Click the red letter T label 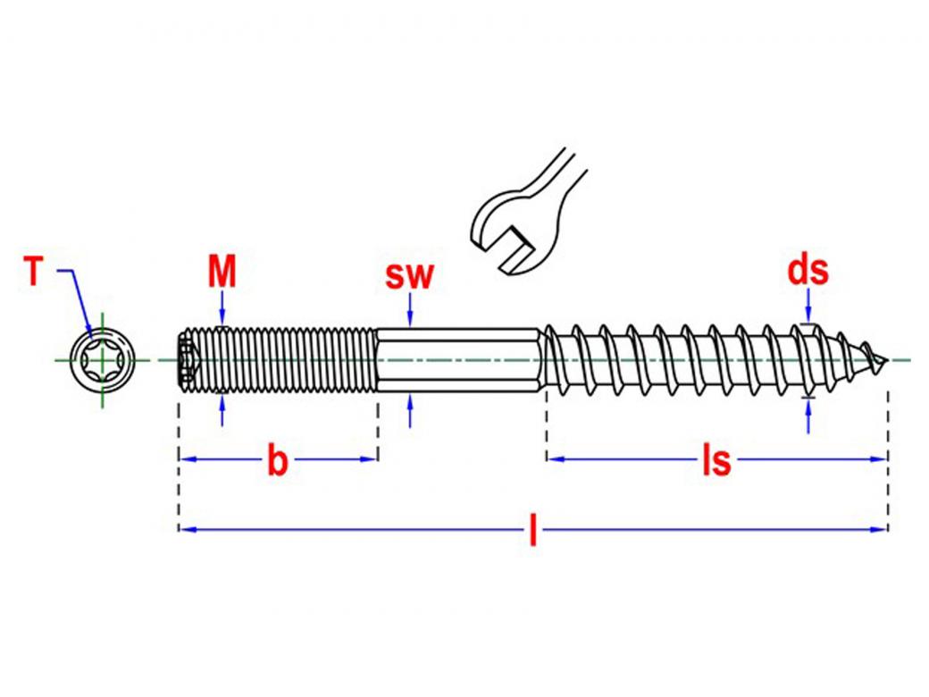34,272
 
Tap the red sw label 409,275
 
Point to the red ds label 808,270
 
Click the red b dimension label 279,461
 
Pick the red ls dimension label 716,461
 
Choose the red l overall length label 533,532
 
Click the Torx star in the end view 101,361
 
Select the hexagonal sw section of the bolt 457,361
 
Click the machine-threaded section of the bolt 286,361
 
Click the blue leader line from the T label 76,295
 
